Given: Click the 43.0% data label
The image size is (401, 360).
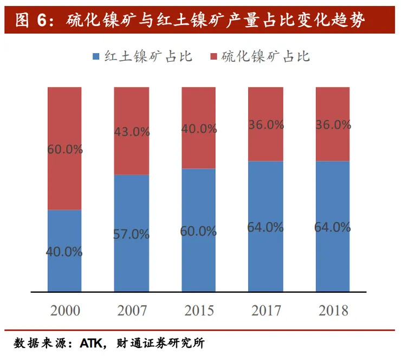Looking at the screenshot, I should pos(131,132).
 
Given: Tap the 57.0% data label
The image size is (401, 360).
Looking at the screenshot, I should pos(131,235).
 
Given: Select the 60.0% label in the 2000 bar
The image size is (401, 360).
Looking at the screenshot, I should pos(64,150).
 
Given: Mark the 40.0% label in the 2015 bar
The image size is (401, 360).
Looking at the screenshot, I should pos(198,129).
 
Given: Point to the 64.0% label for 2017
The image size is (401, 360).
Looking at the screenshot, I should pos(266,227).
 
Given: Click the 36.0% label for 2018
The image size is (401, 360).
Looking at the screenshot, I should pos(332,125).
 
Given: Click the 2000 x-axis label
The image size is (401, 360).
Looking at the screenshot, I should pos(65,311).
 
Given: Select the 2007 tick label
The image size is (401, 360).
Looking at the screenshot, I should pos(132,311).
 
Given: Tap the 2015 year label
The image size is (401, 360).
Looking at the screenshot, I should pos(199,311).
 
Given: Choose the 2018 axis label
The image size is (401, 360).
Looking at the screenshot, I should pos(333,311).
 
